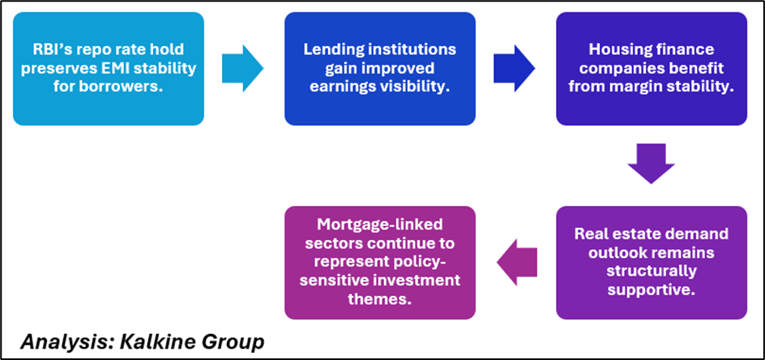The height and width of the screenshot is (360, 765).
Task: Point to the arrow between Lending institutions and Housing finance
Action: pos(515,69)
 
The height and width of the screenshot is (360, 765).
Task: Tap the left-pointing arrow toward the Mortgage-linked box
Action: pos(516,262)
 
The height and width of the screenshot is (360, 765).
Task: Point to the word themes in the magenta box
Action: pos(380,300)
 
